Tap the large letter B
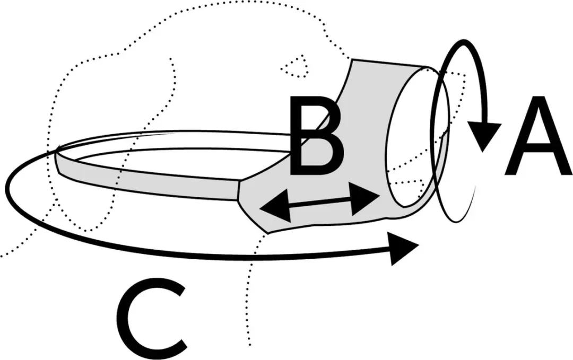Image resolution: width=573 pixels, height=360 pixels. tap(316, 135)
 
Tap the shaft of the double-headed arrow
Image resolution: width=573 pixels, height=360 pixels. tap(319, 204)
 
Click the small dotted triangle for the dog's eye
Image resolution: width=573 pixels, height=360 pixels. tap(295, 66)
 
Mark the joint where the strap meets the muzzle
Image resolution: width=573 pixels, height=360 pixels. tap(239, 190)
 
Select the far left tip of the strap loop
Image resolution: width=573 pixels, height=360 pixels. tap(56, 151)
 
